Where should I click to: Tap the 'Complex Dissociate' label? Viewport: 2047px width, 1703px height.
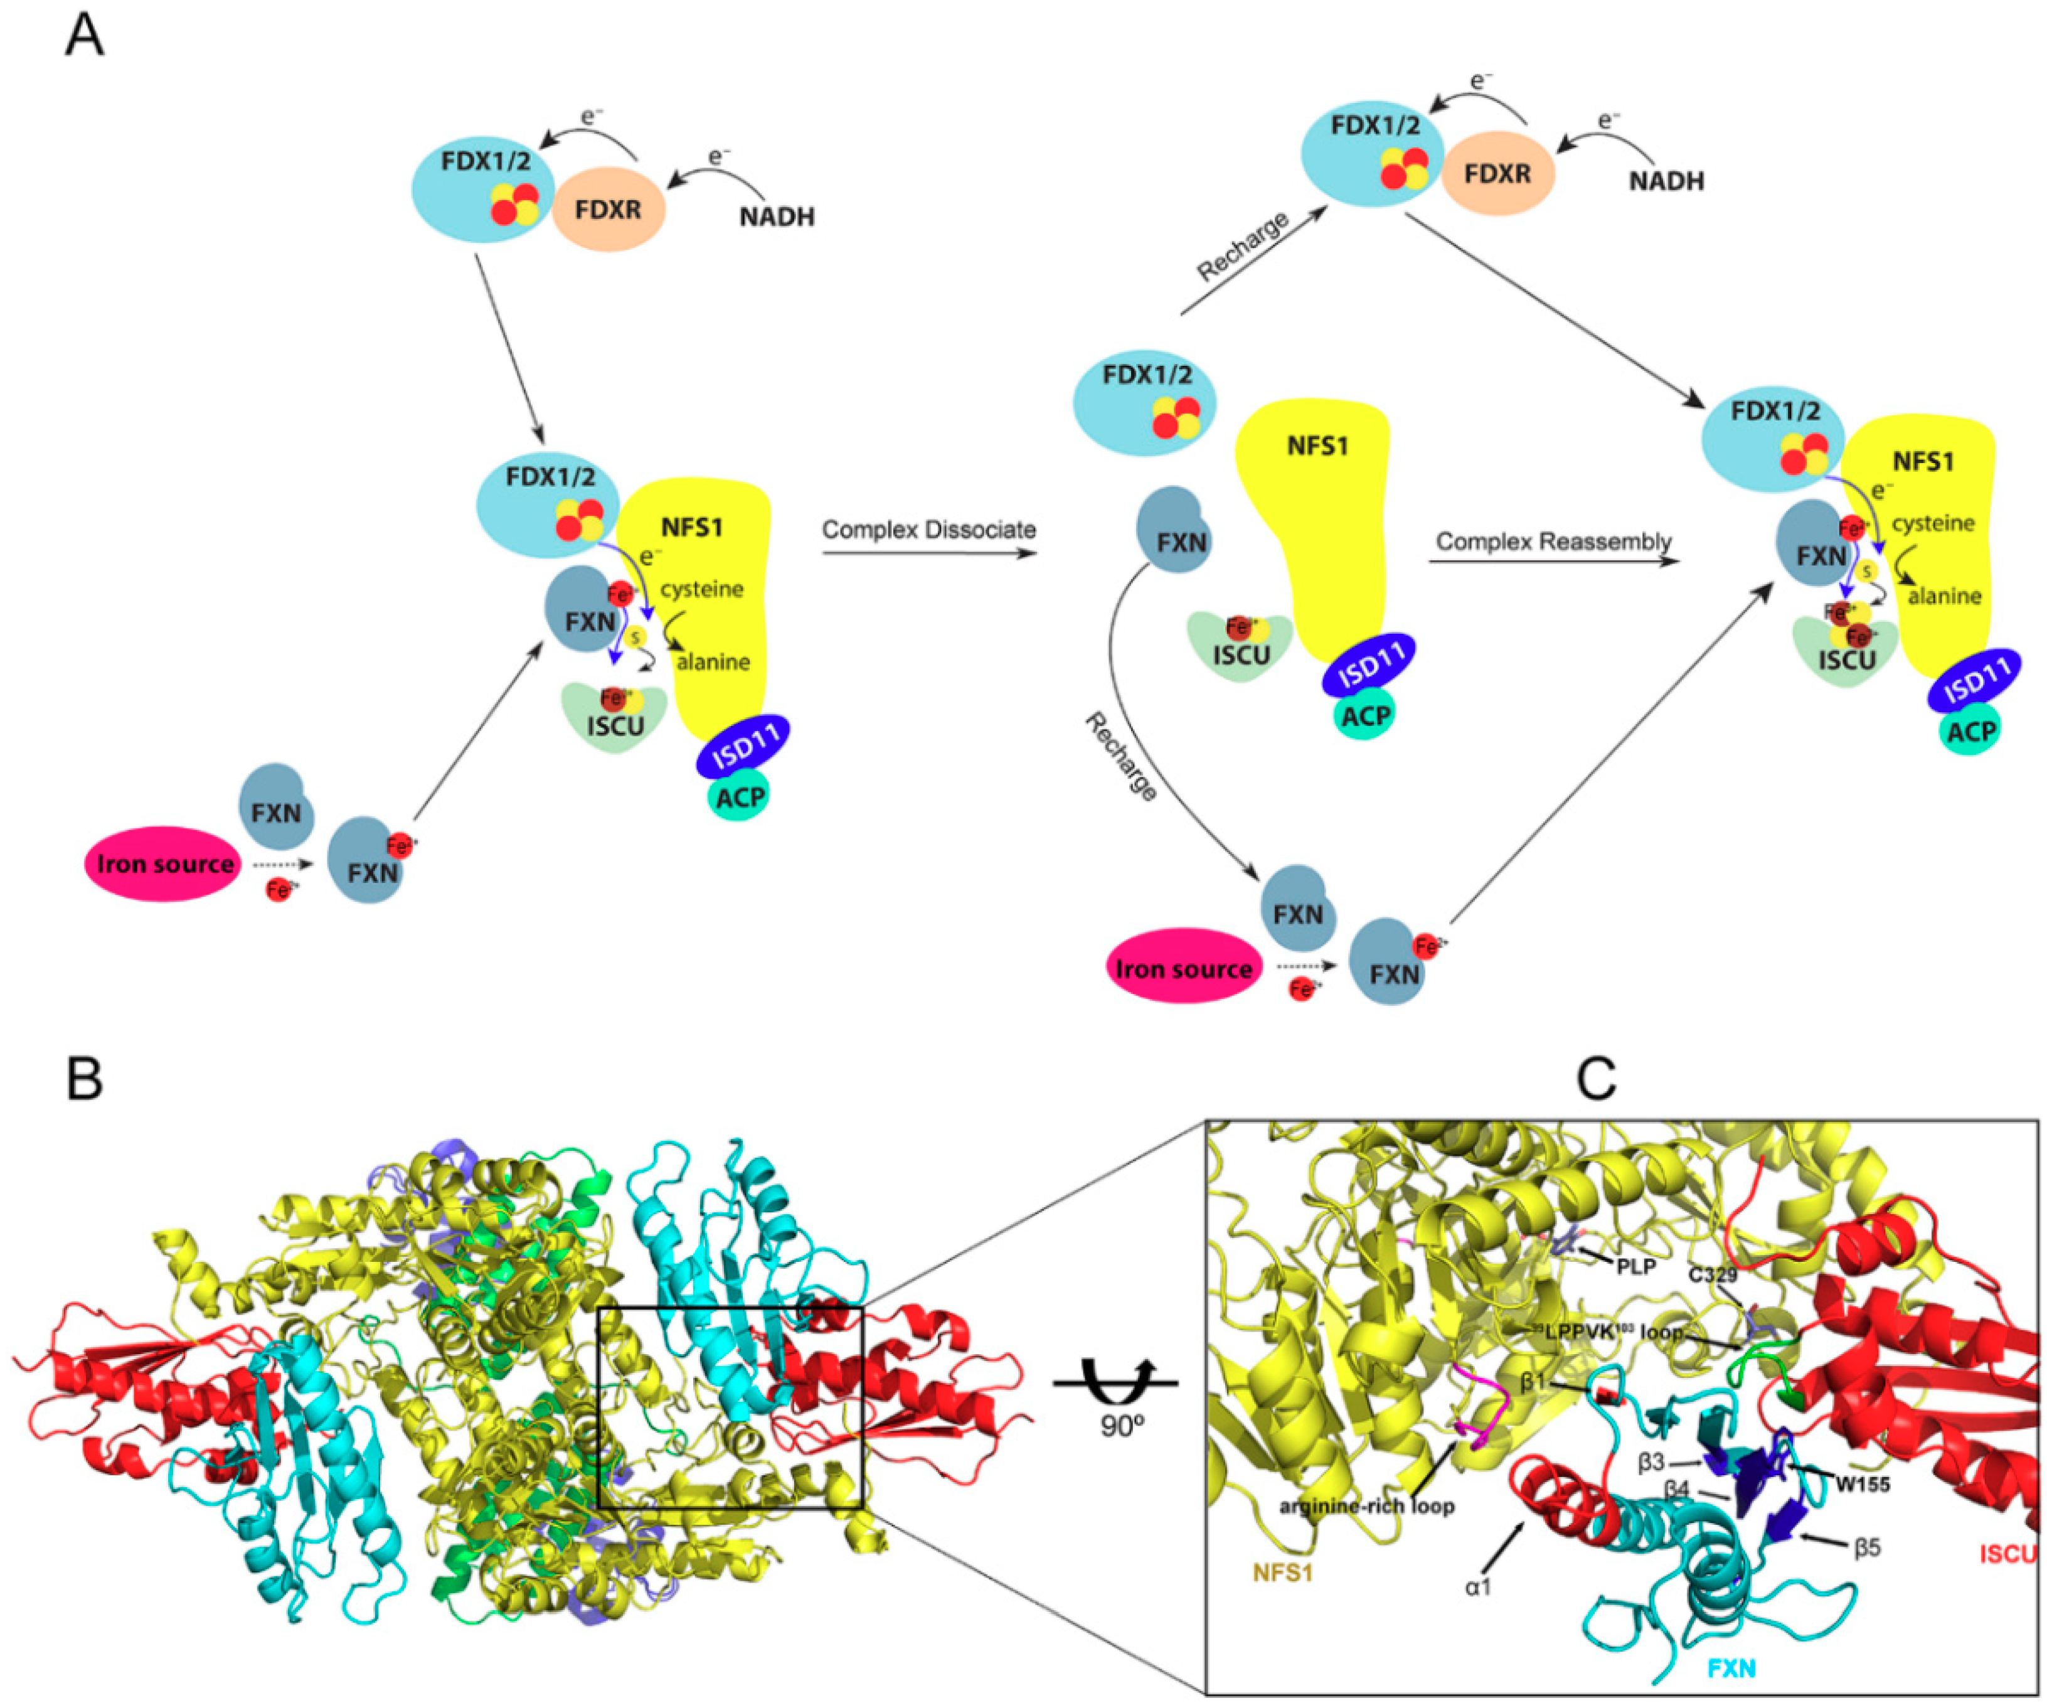(928, 530)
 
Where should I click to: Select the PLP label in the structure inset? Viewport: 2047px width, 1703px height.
(1635, 1266)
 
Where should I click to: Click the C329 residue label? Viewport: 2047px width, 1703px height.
(1713, 1274)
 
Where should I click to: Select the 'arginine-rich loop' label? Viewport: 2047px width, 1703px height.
(1366, 1506)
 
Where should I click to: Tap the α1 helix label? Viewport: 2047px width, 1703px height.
(1478, 1587)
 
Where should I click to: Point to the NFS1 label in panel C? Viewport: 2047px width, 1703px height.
(1283, 1572)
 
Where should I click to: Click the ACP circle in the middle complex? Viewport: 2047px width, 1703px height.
(1364, 715)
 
